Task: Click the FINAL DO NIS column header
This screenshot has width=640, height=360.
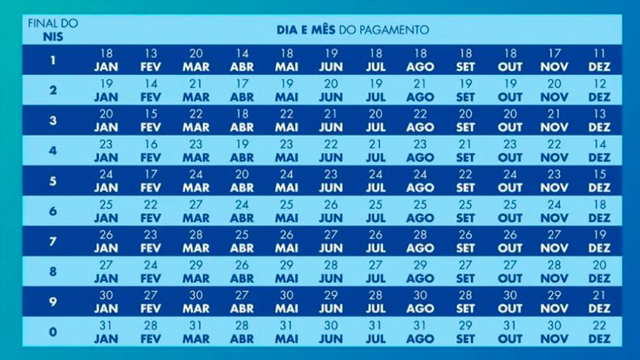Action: (53, 29)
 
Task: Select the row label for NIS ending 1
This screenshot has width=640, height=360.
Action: (53, 60)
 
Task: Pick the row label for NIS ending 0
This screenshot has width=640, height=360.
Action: (53, 332)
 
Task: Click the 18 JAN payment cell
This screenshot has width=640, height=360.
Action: (106, 60)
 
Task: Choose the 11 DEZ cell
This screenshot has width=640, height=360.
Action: (599, 60)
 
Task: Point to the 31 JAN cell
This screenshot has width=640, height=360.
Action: (106, 332)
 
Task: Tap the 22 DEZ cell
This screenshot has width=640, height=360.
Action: (599, 332)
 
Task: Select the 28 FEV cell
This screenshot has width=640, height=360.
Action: (151, 332)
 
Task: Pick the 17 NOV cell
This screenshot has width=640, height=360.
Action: (555, 60)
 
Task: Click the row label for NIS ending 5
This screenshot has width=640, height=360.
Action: (53, 181)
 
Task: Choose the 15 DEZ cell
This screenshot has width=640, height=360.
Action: (599, 181)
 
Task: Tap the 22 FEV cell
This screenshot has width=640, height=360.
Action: (151, 211)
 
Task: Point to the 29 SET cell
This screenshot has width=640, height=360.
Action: (465, 332)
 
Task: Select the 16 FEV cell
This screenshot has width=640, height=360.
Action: (151, 151)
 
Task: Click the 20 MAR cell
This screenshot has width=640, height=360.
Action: (196, 60)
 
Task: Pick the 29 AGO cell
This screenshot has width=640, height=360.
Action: (421, 271)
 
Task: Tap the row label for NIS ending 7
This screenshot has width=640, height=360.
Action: (53, 241)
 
